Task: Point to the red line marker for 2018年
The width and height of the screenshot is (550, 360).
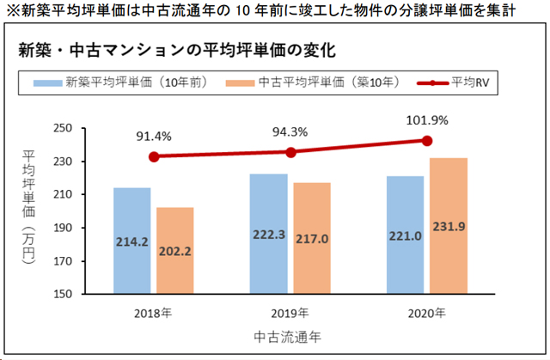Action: (153, 157)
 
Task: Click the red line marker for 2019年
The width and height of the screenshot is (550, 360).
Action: (290, 152)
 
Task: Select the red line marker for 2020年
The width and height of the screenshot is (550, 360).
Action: (427, 140)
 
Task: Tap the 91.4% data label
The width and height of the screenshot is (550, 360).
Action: (153, 136)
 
